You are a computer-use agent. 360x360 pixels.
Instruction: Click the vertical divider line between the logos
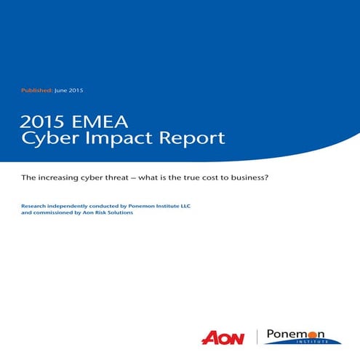click(256, 337)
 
